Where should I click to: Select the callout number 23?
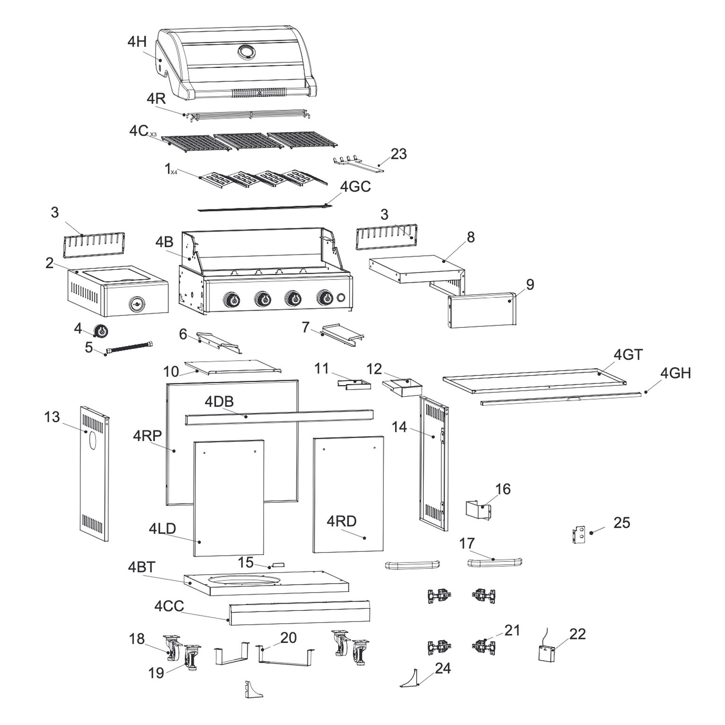tap(398, 154)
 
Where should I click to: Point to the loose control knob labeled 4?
tap(101, 331)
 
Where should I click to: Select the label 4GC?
tap(355, 186)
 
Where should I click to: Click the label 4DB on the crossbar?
tap(219, 402)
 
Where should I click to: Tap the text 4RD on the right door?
tap(341, 521)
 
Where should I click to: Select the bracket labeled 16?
tap(478, 512)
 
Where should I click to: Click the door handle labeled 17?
tap(494, 562)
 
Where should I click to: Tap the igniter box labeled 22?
tap(546, 654)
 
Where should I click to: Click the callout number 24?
tap(443, 668)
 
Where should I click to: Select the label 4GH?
tap(675, 373)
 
